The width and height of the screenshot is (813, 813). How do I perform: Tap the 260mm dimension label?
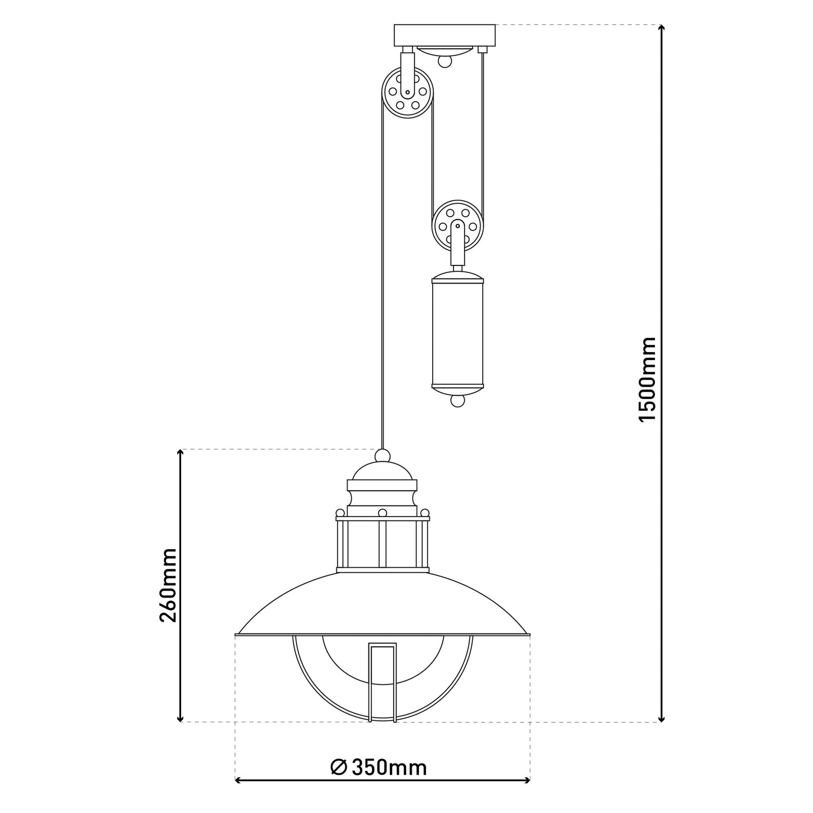pyautogui.click(x=168, y=585)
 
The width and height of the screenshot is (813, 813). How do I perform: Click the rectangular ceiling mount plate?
pyautogui.click(x=445, y=35)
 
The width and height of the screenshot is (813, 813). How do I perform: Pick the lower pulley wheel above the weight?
pyautogui.click(x=458, y=226)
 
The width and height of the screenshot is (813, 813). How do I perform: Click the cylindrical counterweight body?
pyautogui.click(x=458, y=333)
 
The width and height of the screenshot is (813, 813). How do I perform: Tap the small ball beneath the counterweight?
pyautogui.click(x=457, y=400)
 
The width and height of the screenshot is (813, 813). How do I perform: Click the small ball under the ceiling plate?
pyautogui.click(x=444, y=61)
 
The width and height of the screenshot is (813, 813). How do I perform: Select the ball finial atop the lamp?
pyautogui.click(x=382, y=456)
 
